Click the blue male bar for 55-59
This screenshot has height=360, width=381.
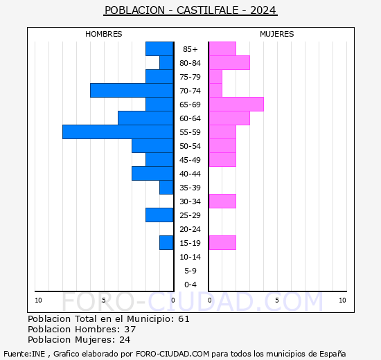(x=118, y=132)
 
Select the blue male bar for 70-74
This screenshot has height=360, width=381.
(x=132, y=90)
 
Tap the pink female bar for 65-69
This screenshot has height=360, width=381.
(x=236, y=104)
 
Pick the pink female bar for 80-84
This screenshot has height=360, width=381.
(x=229, y=62)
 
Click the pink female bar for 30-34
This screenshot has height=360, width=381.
(x=222, y=201)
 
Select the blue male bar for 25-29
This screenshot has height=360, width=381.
(x=159, y=215)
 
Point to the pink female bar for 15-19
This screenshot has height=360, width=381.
(x=222, y=242)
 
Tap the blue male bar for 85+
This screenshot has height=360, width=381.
(x=159, y=48)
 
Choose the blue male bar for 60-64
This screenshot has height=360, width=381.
(x=145, y=118)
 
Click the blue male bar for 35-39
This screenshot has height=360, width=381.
(x=166, y=187)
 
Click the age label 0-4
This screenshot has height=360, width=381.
(x=190, y=285)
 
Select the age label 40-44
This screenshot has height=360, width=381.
(x=190, y=174)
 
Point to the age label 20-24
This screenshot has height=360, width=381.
(x=190, y=229)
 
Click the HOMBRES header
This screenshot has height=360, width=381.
(x=104, y=34)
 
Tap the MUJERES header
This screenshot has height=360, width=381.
(x=277, y=34)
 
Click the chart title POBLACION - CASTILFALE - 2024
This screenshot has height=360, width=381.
(x=190, y=10)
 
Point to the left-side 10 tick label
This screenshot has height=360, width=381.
(x=38, y=300)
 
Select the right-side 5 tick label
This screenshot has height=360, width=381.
(x=277, y=300)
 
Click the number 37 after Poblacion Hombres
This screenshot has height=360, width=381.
(x=130, y=329)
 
